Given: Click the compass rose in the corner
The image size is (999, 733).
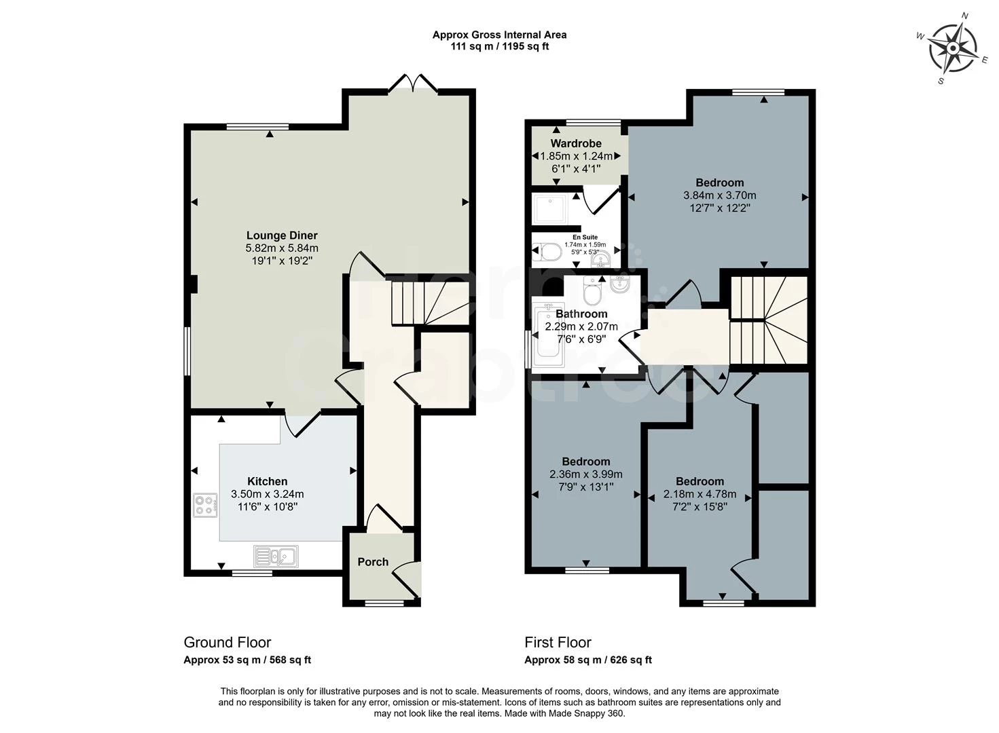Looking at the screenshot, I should point(952,48).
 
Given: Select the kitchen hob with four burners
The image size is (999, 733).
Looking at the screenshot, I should point(205,505).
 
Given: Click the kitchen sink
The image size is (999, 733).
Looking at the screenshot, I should point(276,556).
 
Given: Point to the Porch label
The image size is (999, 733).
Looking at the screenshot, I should point(373,562).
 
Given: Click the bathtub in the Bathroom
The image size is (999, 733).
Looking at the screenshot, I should point(548,336).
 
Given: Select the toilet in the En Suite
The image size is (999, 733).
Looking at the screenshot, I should point(547,253).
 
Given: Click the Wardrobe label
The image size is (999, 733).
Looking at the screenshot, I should point(576,143).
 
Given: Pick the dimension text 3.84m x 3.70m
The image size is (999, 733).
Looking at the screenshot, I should point(719,195).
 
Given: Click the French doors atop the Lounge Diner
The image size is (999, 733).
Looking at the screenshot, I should point(412,83).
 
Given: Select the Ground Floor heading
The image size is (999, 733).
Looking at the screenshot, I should point(228,642).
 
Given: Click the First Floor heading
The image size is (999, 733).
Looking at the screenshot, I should point(558,642).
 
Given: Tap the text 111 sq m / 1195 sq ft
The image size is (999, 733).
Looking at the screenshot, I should point(499,47).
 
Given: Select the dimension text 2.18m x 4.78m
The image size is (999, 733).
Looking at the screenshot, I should point(700,494).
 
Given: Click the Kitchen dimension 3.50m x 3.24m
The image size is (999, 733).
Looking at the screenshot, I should point(268,494).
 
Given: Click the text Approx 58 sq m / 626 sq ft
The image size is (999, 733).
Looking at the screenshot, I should point(588,660).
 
